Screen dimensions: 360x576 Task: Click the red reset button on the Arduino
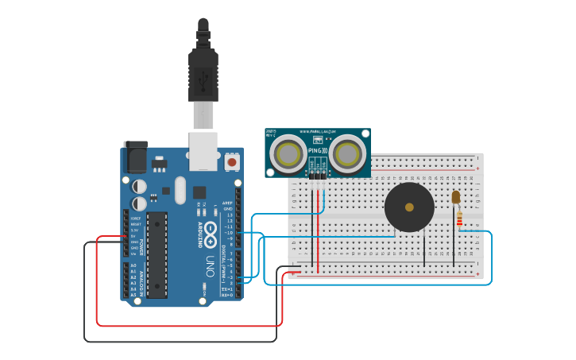click(x=232, y=162)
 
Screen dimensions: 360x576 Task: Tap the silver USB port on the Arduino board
click(x=203, y=151)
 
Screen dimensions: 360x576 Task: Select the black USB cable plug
click(x=203, y=75)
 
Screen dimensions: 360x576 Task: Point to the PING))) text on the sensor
click(x=317, y=149)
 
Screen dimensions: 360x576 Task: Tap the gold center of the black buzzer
click(x=409, y=207)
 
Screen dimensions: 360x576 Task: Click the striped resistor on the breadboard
click(x=459, y=218)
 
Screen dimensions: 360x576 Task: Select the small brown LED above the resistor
click(x=455, y=197)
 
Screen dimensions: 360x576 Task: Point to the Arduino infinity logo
click(x=211, y=232)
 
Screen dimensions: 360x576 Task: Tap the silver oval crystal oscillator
click(x=180, y=190)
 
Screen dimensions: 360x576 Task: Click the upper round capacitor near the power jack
click(x=139, y=186)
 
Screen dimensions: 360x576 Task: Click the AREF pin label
click(x=227, y=203)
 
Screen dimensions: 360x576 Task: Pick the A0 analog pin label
click(x=133, y=265)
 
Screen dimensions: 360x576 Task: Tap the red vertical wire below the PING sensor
click(x=318, y=230)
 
